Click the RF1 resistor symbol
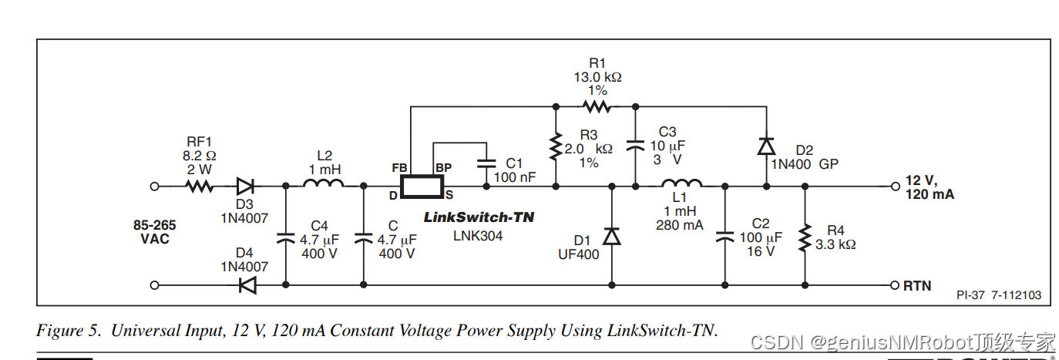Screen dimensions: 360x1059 coord(200,186)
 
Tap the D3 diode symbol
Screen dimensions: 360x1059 coord(246,186)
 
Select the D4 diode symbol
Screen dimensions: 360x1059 coord(246,284)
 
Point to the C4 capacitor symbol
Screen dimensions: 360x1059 coord(286,237)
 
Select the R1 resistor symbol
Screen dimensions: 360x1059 coord(596,106)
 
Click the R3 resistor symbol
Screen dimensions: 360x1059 coord(555,146)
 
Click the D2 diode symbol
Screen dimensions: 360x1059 coord(765,145)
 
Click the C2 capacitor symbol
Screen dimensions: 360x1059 coord(725,237)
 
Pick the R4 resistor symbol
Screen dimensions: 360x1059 coord(805,237)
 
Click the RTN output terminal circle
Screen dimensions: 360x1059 coord(895,284)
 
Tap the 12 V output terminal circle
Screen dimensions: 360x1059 coord(895,186)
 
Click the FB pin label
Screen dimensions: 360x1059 coord(400,167)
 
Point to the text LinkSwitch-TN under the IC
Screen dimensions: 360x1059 coord(479,217)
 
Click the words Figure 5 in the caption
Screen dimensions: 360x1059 coord(69,331)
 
